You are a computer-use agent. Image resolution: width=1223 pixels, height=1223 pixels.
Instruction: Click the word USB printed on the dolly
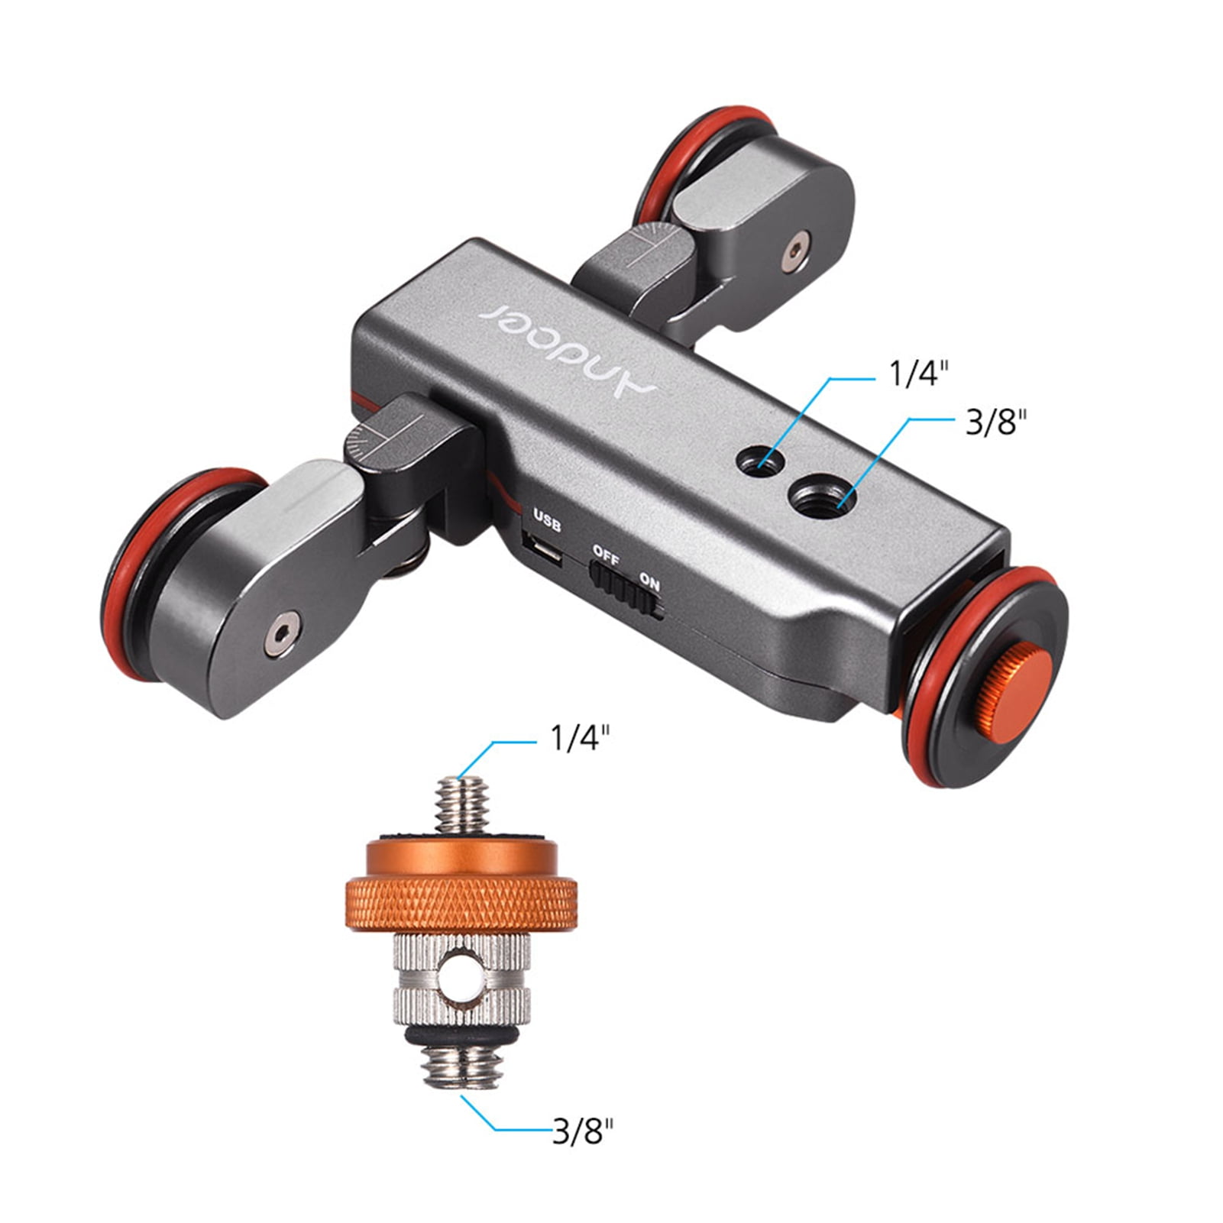point(547,521)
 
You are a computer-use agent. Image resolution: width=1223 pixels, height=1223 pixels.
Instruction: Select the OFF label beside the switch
point(606,555)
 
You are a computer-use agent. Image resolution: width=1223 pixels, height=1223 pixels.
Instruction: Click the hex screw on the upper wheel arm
point(796,251)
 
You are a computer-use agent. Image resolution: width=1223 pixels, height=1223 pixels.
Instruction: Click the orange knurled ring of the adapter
point(461,903)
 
